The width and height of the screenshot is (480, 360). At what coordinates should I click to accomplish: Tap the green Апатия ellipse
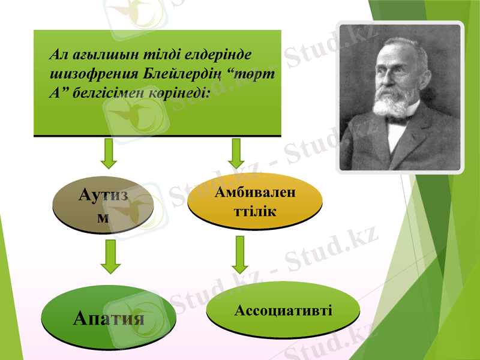109,317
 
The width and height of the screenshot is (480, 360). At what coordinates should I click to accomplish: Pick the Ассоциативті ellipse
283,310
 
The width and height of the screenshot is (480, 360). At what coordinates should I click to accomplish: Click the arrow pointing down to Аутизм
109,154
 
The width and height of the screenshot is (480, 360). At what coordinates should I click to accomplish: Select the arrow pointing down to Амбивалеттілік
236,154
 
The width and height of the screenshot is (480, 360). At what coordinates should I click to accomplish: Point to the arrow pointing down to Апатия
110,256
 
